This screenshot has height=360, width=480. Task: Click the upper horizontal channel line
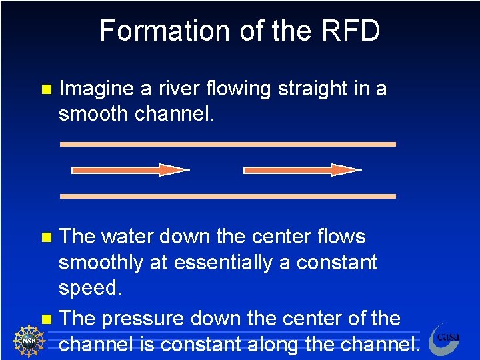[227, 144]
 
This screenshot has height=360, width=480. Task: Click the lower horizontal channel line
[227, 196]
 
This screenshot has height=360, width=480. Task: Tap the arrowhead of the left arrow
[175, 170]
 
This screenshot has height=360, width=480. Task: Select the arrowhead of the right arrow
[346, 170]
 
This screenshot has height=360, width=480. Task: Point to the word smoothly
[100, 263]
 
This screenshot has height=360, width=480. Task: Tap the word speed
[89, 289]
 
